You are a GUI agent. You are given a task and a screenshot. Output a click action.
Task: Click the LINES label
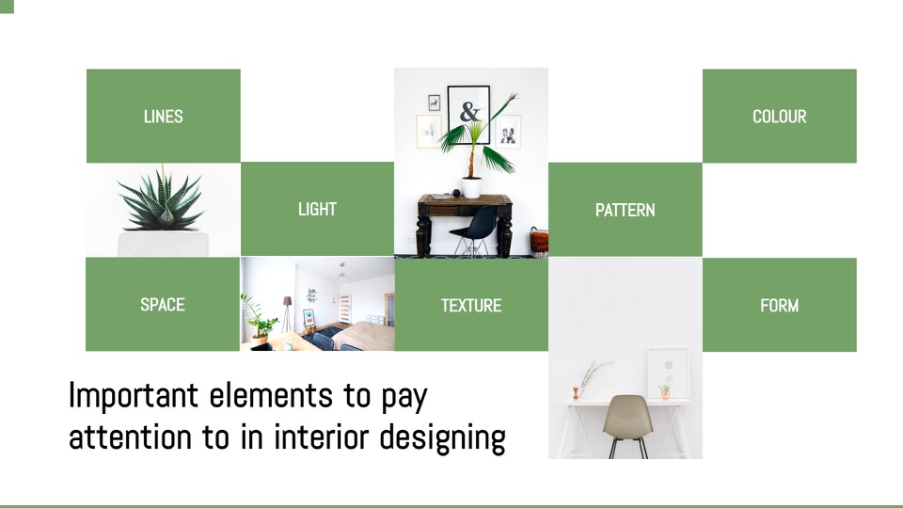click(163, 117)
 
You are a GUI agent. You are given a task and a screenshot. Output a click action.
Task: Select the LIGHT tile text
click(317, 209)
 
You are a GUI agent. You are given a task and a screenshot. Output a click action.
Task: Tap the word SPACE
click(163, 305)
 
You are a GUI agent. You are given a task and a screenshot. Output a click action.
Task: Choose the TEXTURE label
click(471, 305)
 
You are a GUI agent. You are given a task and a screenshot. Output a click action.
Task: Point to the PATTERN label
click(625, 210)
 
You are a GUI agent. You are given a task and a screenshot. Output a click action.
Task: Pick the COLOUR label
click(779, 117)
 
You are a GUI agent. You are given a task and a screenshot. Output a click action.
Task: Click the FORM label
click(779, 305)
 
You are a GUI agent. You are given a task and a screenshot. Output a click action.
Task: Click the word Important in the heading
click(134, 396)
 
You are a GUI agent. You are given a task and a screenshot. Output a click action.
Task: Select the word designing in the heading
click(442, 437)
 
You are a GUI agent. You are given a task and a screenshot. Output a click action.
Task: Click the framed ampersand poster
click(468, 115)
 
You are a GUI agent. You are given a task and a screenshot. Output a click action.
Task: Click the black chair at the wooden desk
click(474, 230)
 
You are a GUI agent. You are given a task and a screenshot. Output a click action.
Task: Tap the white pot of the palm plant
click(471, 187)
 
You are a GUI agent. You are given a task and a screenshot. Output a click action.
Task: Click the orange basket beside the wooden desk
click(540, 242)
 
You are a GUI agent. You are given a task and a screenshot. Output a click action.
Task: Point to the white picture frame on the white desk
click(668, 373)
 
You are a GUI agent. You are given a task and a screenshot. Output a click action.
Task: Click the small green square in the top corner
click(7, 7)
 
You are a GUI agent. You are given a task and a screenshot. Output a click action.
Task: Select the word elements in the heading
click(271, 396)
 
